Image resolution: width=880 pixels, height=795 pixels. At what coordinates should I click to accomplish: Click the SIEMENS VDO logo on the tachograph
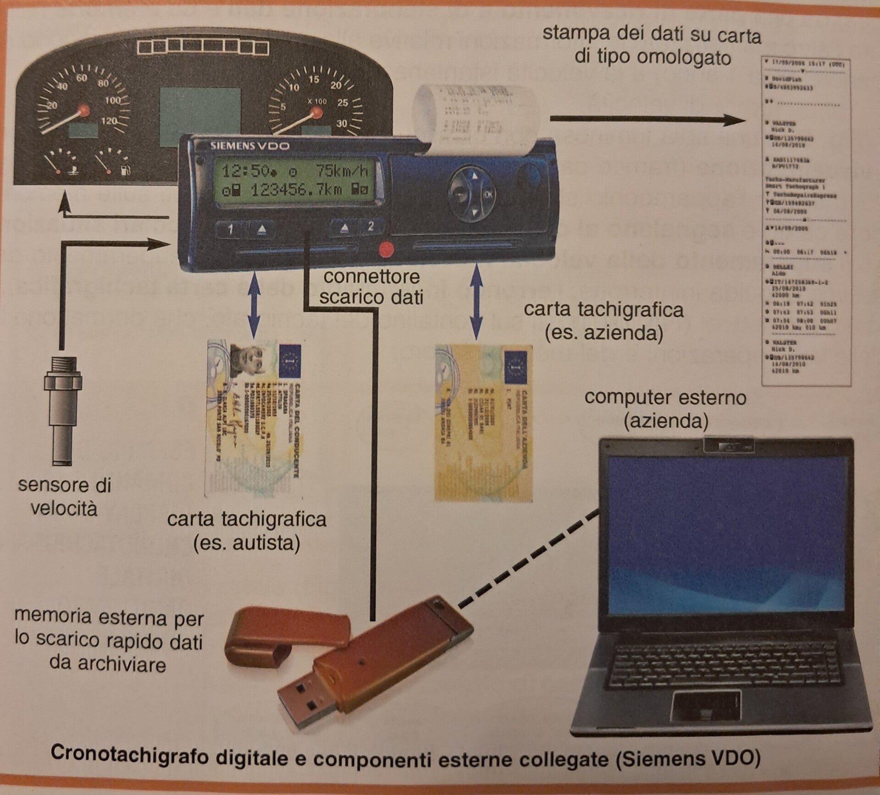tap(249, 146)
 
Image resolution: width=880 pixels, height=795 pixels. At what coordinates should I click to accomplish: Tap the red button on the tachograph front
tap(386, 249)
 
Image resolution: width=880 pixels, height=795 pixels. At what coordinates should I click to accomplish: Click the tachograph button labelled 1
tap(231, 229)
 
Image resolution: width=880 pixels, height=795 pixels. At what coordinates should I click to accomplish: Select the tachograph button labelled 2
tap(371, 226)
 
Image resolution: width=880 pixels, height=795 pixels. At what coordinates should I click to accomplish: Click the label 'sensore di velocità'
tap(64, 497)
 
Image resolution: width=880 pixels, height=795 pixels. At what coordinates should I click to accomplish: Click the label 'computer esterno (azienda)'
tap(665, 409)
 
